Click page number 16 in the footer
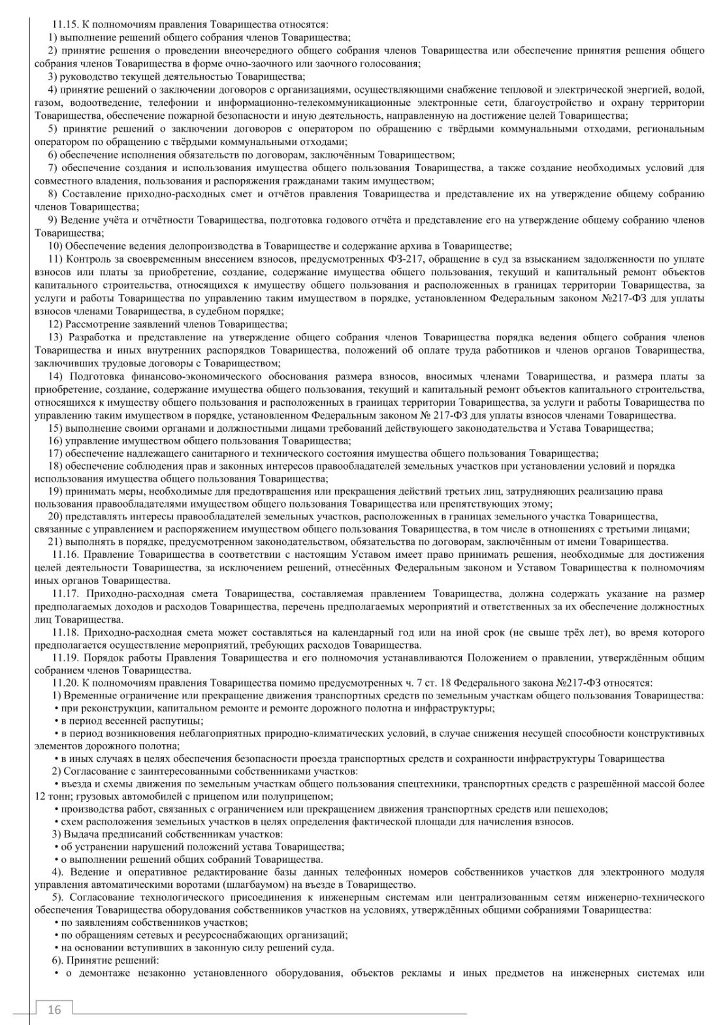[54, 1009]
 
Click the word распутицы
[178, 721]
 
